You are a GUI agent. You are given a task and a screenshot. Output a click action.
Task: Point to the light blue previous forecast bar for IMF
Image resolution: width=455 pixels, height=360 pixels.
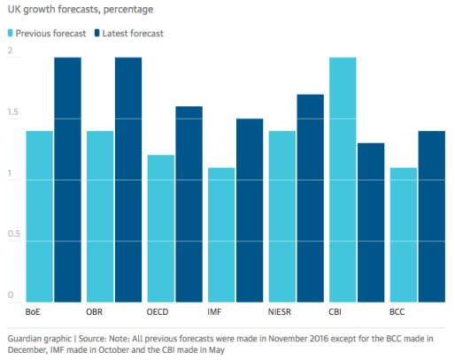(221, 234)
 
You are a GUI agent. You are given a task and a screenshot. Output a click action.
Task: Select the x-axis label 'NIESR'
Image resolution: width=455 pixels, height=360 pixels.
(281, 311)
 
